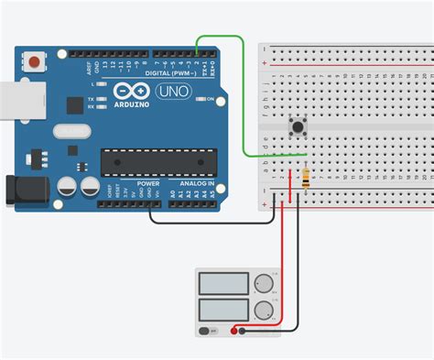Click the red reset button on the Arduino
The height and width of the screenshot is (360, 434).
pyautogui.click(x=35, y=62)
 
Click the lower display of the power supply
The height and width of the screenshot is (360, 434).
pyautogui.click(x=223, y=307)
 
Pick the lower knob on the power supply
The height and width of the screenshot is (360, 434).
pyautogui.click(x=265, y=309)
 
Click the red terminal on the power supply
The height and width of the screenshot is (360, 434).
pyautogui.click(x=241, y=329)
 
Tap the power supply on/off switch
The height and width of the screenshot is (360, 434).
pyautogui.click(x=209, y=329)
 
